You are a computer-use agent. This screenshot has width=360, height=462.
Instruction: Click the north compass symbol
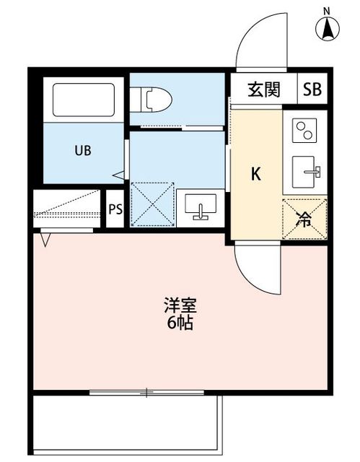[x=327, y=26]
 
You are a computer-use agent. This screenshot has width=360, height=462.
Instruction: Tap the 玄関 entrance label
[x=264, y=90]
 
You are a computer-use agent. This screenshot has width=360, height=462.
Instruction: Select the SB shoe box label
[x=312, y=89]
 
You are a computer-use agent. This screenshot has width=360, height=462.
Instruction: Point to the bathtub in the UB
[x=84, y=100]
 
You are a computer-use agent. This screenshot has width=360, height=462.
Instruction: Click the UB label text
[x=83, y=151]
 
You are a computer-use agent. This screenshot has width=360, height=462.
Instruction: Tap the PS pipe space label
[x=115, y=209]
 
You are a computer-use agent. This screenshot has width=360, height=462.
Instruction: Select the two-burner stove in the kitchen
[x=304, y=131]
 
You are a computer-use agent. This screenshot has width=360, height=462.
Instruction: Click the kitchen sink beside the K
[x=306, y=172]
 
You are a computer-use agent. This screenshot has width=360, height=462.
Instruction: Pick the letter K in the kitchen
[x=256, y=174]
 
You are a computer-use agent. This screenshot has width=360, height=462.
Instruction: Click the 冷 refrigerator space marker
[x=304, y=219]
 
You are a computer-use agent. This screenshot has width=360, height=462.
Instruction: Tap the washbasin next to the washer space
[x=201, y=207]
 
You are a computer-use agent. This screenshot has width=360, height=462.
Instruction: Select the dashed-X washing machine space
[x=152, y=204]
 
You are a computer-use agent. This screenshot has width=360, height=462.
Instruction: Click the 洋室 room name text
[x=180, y=306]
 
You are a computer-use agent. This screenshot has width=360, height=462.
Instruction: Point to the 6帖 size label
[x=180, y=323]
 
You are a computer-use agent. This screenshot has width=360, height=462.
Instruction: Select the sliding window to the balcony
[x=146, y=392]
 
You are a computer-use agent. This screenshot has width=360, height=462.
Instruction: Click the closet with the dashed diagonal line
[x=67, y=209]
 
